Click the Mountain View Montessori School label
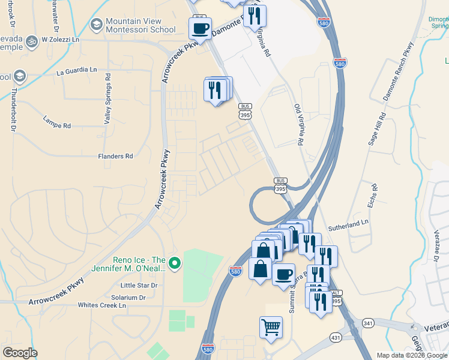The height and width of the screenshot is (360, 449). click(x=140, y=25)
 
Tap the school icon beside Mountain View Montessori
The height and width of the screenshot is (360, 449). click(x=96, y=25)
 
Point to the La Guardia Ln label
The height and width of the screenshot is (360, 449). click(x=76, y=70)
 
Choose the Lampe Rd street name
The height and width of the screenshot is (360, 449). click(x=57, y=126)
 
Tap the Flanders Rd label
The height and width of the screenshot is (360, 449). click(x=115, y=157)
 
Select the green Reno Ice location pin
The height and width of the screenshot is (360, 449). click(x=175, y=263)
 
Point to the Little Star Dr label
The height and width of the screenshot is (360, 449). click(x=139, y=286)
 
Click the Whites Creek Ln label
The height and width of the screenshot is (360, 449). click(x=102, y=305)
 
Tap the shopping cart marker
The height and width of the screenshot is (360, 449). click(x=271, y=328)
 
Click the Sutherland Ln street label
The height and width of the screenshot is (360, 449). click(x=348, y=224)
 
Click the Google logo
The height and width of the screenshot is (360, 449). click(x=20, y=353)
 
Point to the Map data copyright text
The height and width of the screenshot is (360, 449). click(x=411, y=355)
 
